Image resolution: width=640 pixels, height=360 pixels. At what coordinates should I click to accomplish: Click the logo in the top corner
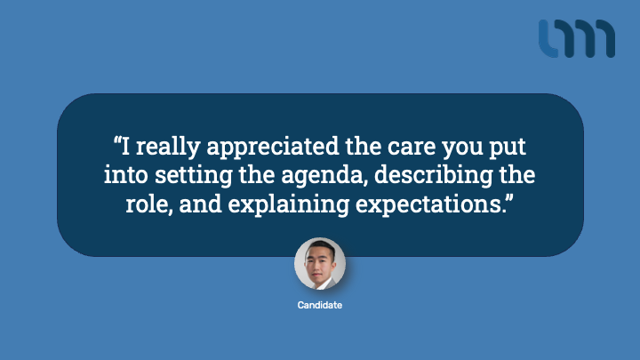point(576,38)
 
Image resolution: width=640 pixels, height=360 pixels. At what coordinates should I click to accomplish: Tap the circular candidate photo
point(320,264)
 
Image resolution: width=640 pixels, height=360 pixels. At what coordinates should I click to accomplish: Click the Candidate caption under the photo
point(320,305)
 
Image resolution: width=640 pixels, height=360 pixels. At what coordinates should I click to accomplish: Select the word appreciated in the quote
point(273,147)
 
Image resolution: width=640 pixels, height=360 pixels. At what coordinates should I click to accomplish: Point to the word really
point(168,147)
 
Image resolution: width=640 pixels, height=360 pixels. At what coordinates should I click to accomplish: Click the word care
point(412,147)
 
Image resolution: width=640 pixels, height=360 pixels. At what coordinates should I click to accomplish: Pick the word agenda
point(322,176)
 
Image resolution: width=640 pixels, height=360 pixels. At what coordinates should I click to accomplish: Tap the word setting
point(194,176)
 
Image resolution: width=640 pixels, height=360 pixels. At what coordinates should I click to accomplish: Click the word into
point(125,175)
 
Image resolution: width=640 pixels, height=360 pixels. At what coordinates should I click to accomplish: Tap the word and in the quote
point(200,204)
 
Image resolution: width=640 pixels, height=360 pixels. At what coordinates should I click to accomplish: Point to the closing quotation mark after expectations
point(509,198)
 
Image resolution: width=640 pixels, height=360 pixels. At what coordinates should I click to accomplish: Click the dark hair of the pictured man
point(321,247)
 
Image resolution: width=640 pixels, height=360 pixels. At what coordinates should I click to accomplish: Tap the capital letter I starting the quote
point(125,146)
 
